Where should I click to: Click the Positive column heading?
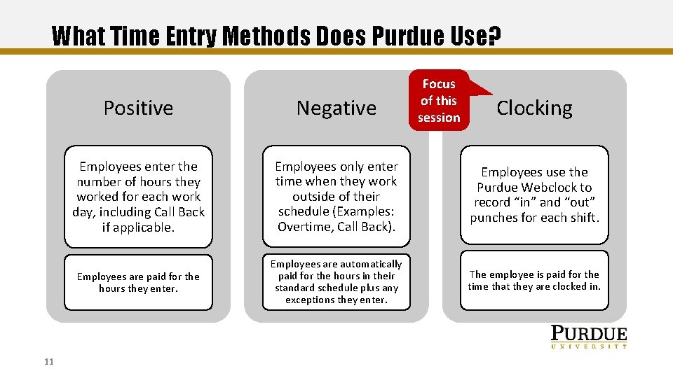click(x=138, y=108)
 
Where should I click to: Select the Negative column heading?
click(x=336, y=108)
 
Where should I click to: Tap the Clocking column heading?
click(x=534, y=108)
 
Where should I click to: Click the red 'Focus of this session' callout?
click(x=439, y=101)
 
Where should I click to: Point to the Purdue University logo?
click(x=588, y=337)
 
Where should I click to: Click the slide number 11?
click(x=48, y=361)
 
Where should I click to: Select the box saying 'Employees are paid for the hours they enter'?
click(x=138, y=282)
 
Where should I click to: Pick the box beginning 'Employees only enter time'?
click(x=336, y=196)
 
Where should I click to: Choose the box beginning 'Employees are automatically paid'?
click(x=336, y=282)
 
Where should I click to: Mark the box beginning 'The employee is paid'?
click(x=534, y=280)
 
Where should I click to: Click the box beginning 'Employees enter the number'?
click(x=138, y=196)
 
